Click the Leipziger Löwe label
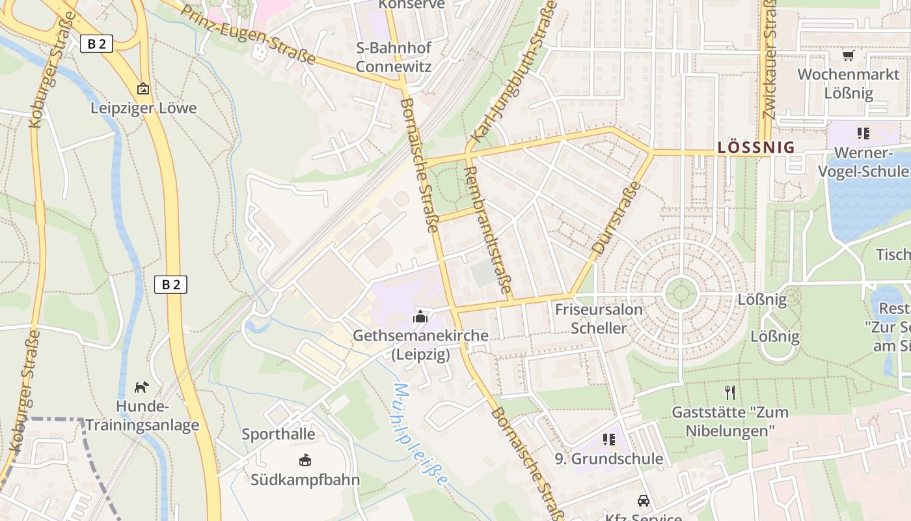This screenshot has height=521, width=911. click(143, 108)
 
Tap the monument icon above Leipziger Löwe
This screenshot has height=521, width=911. click(143, 88)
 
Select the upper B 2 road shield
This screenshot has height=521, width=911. click(97, 44)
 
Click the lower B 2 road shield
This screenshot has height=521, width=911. click(170, 284)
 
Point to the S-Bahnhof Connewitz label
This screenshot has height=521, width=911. click(393, 57)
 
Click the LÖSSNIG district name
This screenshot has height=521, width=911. click(756, 148)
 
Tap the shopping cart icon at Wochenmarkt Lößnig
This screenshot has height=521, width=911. click(848, 56)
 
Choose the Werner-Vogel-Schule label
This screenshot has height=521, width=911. click(863, 162)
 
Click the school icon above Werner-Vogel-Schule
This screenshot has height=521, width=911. click(863, 134)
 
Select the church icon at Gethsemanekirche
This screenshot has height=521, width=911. click(420, 317)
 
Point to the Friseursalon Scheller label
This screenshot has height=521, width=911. click(599, 318)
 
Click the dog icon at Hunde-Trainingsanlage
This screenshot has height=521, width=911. click(141, 387)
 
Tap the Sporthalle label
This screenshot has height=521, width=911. click(279, 434)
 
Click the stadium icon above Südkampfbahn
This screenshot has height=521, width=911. click(305, 460)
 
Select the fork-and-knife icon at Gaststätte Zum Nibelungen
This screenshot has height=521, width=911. click(730, 392)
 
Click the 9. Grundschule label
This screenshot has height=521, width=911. click(609, 458)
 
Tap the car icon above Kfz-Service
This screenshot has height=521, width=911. click(643, 500)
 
